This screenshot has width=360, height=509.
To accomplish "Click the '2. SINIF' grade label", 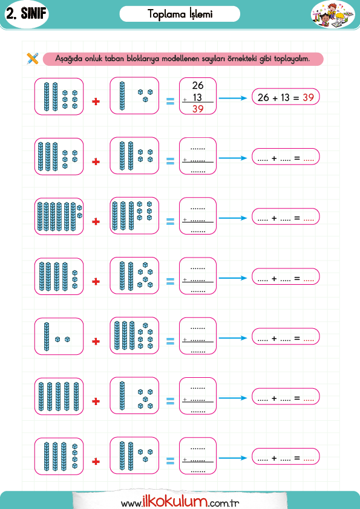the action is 27,14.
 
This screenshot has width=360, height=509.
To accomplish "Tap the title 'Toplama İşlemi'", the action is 180,14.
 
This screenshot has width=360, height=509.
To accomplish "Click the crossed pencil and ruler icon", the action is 33,59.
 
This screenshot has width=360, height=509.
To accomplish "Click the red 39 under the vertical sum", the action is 197,109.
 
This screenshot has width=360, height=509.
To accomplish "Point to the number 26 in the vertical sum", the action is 197,85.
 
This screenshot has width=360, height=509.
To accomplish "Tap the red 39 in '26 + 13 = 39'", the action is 308,97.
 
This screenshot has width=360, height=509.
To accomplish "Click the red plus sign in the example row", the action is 96,102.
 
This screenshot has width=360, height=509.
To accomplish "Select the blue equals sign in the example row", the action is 170,102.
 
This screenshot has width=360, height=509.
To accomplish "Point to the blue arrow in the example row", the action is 232,98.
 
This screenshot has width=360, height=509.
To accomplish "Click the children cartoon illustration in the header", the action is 333,15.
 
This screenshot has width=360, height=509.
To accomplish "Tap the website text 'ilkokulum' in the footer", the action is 174,502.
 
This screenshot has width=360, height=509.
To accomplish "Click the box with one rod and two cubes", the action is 59,336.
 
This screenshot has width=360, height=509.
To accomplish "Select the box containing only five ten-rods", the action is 59,397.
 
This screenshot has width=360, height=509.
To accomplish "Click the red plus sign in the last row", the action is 96,461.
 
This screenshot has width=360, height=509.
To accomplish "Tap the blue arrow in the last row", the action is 232,458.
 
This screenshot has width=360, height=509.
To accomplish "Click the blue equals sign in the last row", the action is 170,461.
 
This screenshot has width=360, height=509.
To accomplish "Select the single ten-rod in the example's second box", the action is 122,96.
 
